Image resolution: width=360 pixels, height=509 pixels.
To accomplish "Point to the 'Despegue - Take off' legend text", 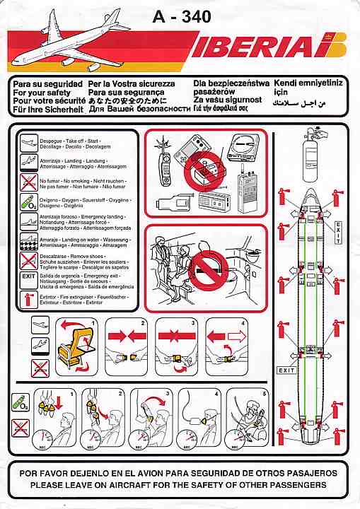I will coord(67,139).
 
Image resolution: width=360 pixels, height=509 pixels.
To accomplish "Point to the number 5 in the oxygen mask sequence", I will coord(264,393).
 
